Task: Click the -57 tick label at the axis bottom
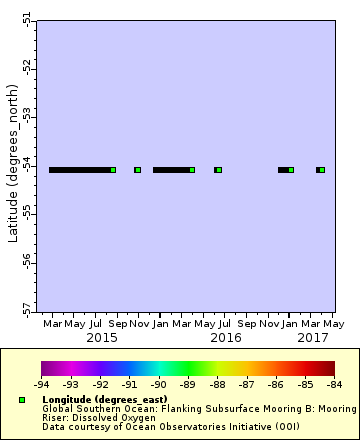tap(27, 308)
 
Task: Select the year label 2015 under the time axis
tap(101, 338)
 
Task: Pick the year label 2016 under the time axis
tap(226, 338)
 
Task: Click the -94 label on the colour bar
tap(41, 384)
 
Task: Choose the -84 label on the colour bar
tap(333, 384)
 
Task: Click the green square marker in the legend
tap(21, 399)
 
